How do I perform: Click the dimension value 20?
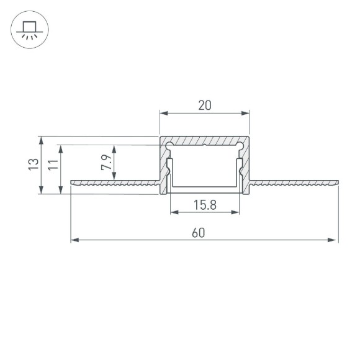point(205,105)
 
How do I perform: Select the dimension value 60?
point(198,233)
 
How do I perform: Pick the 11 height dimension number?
point(53,164)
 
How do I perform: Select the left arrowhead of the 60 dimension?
point(74,240)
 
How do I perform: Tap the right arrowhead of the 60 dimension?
point(335,240)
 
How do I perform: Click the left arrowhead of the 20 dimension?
point(163,113)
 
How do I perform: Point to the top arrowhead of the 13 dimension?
point(41,139)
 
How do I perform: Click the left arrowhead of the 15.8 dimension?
point(173,213)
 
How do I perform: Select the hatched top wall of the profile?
point(205,141)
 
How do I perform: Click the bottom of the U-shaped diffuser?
point(205,188)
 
